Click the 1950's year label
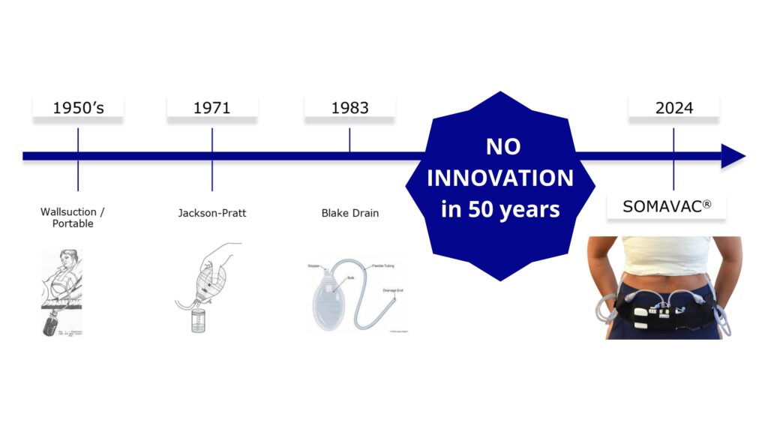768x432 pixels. click(78, 108)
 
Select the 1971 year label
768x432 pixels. click(211, 108)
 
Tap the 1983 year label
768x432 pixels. click(349, 108)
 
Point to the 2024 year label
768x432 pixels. click(673, 108)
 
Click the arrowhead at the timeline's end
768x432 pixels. click(733, 156)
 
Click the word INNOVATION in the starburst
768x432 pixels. click(500, 178)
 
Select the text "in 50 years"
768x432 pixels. click(500, 208)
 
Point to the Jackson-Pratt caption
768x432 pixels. click(211, 213)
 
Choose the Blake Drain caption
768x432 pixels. click(349, 213)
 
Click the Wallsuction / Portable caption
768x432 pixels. click(73, 217)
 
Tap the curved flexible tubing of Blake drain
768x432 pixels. click(375, 277)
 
